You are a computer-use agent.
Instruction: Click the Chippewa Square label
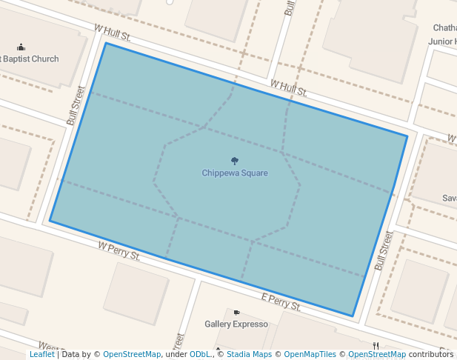(235, 173)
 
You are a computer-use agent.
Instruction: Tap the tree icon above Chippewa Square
(235, 161)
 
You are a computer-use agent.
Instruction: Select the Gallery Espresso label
(236, 324)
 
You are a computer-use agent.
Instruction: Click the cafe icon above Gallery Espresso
(236, 313)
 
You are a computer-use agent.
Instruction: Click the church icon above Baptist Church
(21, 47)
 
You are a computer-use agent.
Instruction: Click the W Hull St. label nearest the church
(113, 31)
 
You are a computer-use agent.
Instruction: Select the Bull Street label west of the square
(76, 106)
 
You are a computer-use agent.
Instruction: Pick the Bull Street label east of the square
(384, 250)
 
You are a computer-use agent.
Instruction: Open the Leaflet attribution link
(41, 355)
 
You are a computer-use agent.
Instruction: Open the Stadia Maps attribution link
(249, 355)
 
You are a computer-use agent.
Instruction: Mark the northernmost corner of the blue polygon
(106, 43)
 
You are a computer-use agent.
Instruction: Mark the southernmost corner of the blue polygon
(353, 317)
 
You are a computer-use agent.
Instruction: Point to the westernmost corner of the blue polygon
(50, 221)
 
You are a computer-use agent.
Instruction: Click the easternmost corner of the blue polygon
(407, 136)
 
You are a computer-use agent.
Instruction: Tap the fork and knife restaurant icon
(376, 346)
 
